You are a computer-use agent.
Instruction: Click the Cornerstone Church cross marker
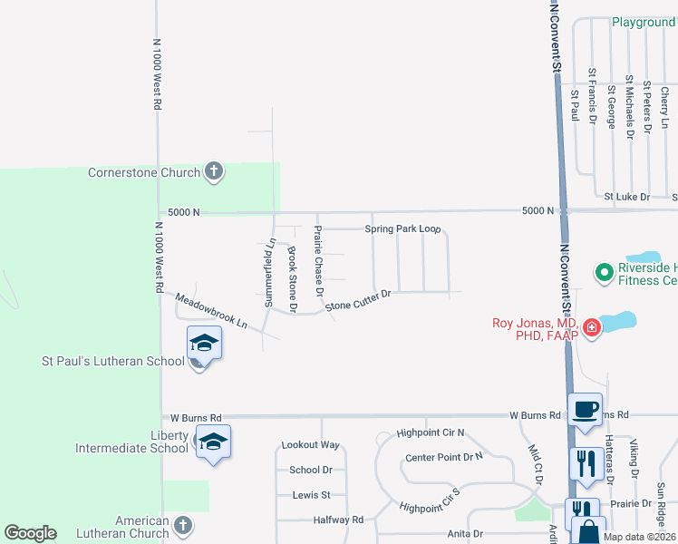click(214, 171)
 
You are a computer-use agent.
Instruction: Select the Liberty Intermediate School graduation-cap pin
click(213, 442)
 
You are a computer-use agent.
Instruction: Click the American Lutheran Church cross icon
click(183, 525)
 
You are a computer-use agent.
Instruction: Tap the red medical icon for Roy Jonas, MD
click(592, 327)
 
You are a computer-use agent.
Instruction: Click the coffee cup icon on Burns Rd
click(585, 410)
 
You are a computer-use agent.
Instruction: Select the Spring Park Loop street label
click(402, 229)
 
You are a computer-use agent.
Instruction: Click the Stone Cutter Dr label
click(357, 300)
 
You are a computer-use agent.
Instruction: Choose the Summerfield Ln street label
click(270, 272)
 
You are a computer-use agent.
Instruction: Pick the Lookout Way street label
click(310, 445)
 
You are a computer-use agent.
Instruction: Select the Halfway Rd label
click(337, 520)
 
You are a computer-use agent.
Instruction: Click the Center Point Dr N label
click(444, 458)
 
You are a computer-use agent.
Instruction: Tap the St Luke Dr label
click(627, 197)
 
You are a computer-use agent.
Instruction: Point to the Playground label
click(643, 23)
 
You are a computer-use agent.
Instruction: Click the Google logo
click(30, 533)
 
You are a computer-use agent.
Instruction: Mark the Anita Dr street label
click(464, 535)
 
